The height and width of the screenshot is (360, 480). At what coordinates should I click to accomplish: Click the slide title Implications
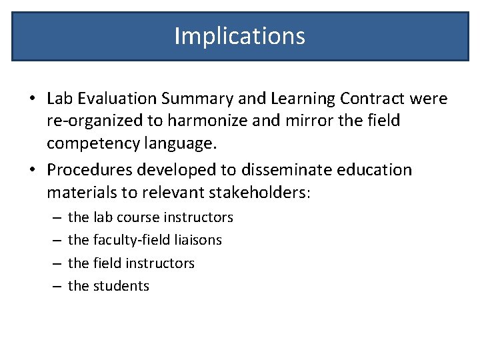(240, 35)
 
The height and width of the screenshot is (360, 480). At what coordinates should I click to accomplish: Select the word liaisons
(197, 240)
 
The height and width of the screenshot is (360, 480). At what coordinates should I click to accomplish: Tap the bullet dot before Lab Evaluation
(32, 99)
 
